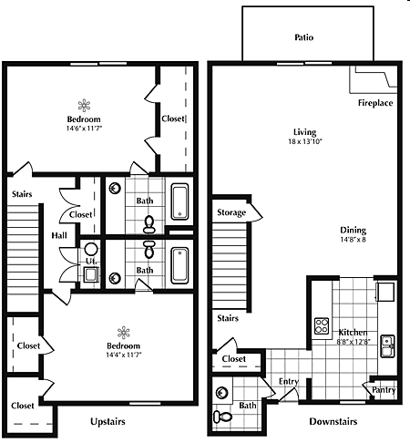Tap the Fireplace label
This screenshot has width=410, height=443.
[374, 103]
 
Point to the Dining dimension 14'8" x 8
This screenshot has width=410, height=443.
[354, 241]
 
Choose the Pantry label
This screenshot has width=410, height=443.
[384, 389]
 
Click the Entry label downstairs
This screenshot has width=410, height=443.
[289, 382]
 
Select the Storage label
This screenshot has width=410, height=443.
[231, 213]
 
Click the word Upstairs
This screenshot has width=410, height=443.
[108, 422]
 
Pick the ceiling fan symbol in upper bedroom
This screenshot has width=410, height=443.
[84, 104]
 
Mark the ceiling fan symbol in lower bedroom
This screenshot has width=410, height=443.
[123, 332]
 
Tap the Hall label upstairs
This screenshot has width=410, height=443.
[58, 234]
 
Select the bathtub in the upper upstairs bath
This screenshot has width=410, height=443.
[180, 201]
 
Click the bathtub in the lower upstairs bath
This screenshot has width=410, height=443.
[180, 265]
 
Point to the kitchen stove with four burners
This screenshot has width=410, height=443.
[321, 325]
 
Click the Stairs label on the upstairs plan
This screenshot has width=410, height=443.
[22, 193]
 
